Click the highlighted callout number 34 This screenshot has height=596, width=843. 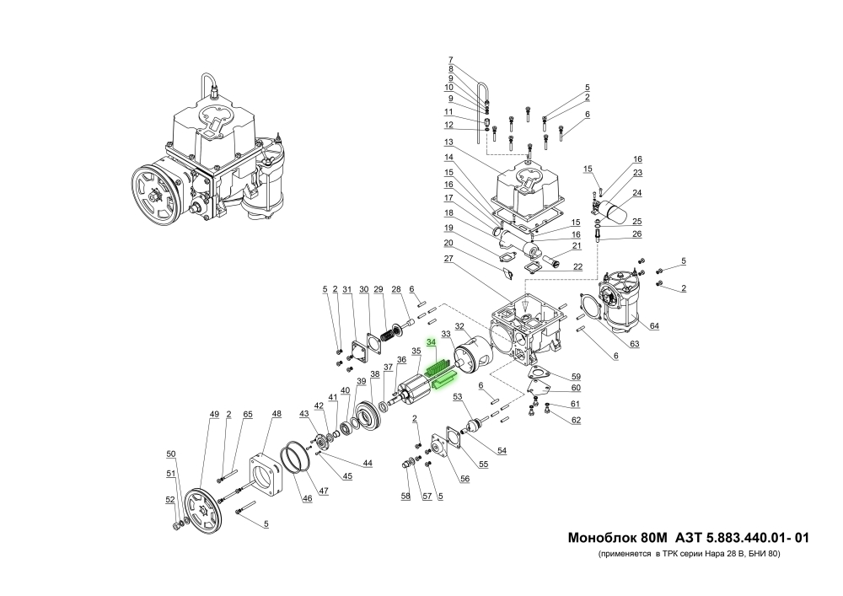coord(431,342)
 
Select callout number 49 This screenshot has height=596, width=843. coord(214,414)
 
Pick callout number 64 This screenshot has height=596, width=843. coord(655,325)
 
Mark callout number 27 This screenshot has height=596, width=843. coord(449,258)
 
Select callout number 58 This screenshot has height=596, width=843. coord(405,496)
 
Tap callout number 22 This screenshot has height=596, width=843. coord(577,267)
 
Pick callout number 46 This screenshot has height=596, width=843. coord(308,499)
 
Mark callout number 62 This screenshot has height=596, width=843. coord(576,420)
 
